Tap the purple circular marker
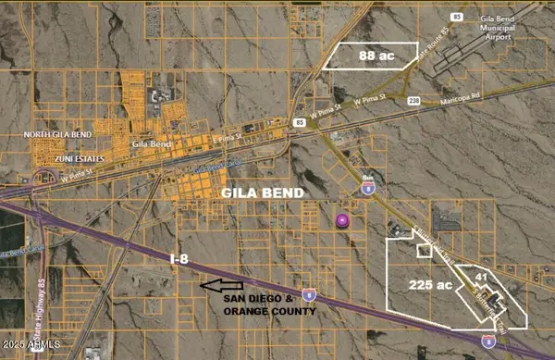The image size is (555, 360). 343,220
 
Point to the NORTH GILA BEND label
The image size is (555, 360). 55,135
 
